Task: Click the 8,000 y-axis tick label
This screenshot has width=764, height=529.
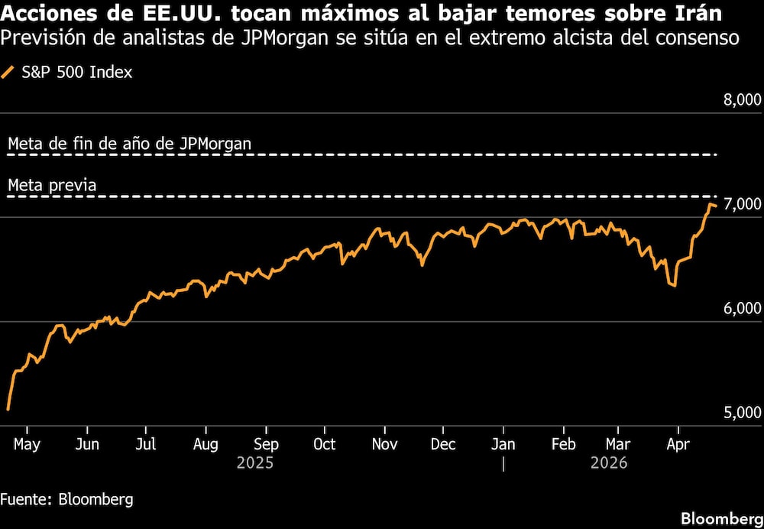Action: pos(741,100)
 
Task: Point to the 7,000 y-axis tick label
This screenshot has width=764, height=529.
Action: pos(741,204)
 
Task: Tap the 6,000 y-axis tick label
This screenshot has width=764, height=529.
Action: pos(741,308)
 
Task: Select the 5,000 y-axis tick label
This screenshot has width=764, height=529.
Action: pos(741,413)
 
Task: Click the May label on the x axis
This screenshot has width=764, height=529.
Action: pos(28,444)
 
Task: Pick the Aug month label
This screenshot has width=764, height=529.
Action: pos(206,444)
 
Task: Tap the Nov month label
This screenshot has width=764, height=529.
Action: pos(384,444)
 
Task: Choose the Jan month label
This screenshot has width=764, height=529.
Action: pos(503,444)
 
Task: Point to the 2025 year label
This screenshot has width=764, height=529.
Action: pos(254,462)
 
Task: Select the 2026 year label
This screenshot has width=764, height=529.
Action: pos(608,462)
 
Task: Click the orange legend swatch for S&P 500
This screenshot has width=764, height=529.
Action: pos(9,73)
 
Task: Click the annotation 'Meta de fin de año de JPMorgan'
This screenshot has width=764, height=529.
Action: pos(129,143)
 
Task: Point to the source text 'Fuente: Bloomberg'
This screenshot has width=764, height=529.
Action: pos(66,499)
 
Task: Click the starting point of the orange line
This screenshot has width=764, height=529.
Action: pos(8,410)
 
